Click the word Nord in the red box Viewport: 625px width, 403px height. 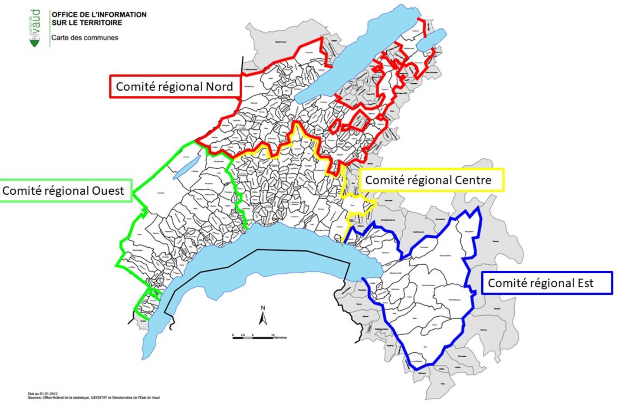tap(219, 87)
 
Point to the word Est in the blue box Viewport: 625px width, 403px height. tap(585, 283)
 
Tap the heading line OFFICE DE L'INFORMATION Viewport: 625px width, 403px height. tap(99, 15)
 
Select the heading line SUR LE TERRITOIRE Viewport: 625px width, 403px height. tap(87, 23)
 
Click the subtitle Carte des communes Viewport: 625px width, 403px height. tap(85, 38)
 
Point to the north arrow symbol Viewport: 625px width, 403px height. tap(263, 319)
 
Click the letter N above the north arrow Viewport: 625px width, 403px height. tap(263, 308)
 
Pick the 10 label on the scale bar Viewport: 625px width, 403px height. tap(273, 335)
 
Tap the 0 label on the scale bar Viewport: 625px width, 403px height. tap(233, 335)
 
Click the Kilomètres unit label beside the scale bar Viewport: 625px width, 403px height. tap(280, 337)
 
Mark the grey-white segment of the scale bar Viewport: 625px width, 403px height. tap(247, 337)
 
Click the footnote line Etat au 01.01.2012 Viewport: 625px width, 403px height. tap(43, 394)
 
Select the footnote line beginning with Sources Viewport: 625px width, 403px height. tap(93, 397)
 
